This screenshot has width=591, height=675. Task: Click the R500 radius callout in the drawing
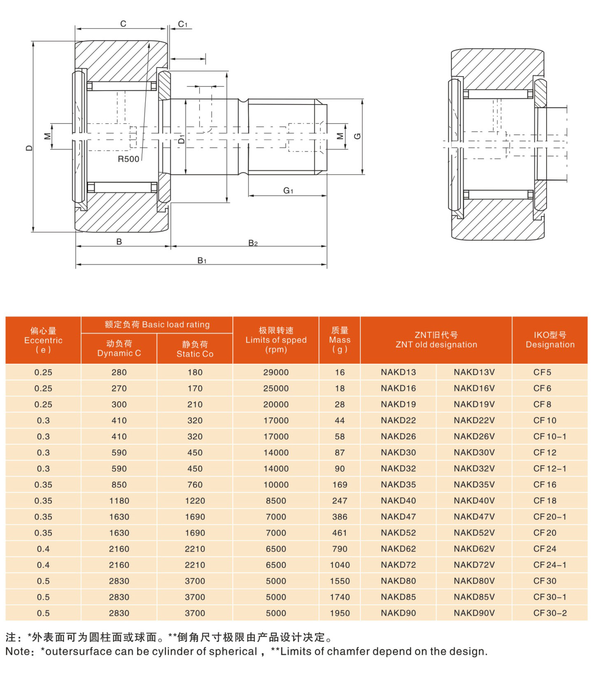click(x=128, y=159)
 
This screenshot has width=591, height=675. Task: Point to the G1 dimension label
click(x=288, y=191)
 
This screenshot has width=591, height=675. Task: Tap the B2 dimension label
click(x=253, y=243)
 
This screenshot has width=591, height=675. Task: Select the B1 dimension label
click(x=202, y=261)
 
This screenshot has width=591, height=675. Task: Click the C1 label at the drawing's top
click(x=182, y=24)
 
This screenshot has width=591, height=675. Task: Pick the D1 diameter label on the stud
click(x=181, y=139)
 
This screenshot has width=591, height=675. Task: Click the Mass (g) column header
click(x=339, y=340)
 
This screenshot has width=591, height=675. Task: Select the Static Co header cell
click(x=195, y=349)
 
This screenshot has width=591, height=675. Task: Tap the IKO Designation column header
click(x=549, y=340)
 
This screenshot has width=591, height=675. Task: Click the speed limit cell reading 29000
click(x=276, y=372)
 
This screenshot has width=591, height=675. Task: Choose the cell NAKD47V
click(x=474, y=517)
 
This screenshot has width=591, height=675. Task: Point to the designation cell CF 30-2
click(x=549, y=613)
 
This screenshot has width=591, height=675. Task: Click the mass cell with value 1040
click(x=339, y=565)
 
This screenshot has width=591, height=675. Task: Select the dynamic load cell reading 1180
click(x=119, y=501)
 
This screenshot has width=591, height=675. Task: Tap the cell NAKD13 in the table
click(x=398, y=372)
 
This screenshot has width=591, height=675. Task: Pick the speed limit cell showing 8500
click(x=276, y=501)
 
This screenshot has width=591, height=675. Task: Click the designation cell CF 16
click(x=545, y=485)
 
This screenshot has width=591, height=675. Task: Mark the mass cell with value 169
click(x=339, y=485)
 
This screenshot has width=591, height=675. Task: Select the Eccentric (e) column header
click(x=43, y=340)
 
